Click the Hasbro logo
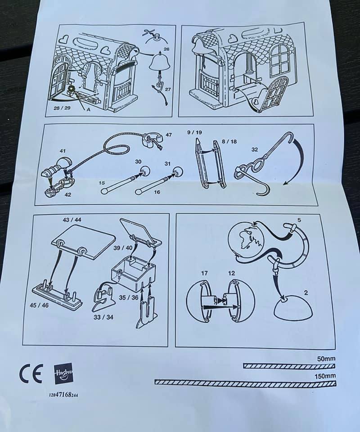coord(63,374)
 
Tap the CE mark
coord(31,373)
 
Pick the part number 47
coord(169,135)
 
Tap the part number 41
coord(63,151)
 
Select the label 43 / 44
coord(72,220)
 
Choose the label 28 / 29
coord(62,108)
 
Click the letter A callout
coord(89,110)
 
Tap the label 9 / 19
coord(195,132)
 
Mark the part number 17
coord(204,273)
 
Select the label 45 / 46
coord(39,305)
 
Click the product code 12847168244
coord(63,395)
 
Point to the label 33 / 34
coord(103,317)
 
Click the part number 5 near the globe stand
coord(299,220)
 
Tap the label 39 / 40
coord(123,247)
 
